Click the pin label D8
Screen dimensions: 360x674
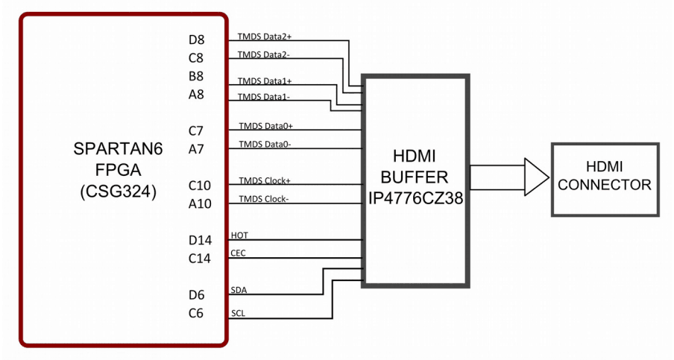[196, 40]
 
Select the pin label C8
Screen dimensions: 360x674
[196, 58]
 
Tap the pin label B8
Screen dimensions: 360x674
[196, 76]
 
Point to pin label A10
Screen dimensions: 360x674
[200, 204]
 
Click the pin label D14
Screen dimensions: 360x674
[200, 240]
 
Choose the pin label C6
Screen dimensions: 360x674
[196, 313]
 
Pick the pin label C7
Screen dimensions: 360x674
[196, 131]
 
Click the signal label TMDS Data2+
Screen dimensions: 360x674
[265, 36]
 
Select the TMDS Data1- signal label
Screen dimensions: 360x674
[264, 97]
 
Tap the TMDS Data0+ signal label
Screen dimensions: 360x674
[265, 126]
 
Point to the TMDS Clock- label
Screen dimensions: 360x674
[265, 199]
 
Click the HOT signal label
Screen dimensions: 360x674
[240, 236]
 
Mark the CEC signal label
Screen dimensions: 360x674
[239, 253]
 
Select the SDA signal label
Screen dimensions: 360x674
[239, 290]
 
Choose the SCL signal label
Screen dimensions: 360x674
[239, 313]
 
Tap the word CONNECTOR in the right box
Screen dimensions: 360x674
[605, 185]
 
